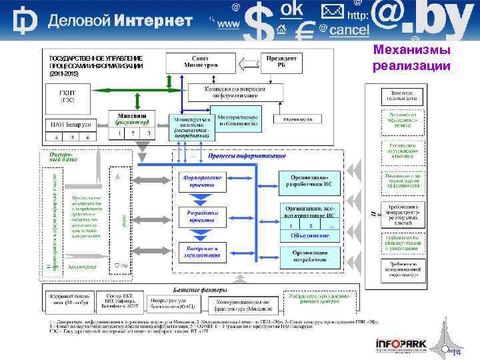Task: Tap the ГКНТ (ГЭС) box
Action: tap(68, 96)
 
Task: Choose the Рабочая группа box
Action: tap(297, 119)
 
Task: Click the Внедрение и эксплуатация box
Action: tap(201, 251)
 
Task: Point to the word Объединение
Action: tap(308, 235)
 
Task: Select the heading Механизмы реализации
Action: tap(411, 57)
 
